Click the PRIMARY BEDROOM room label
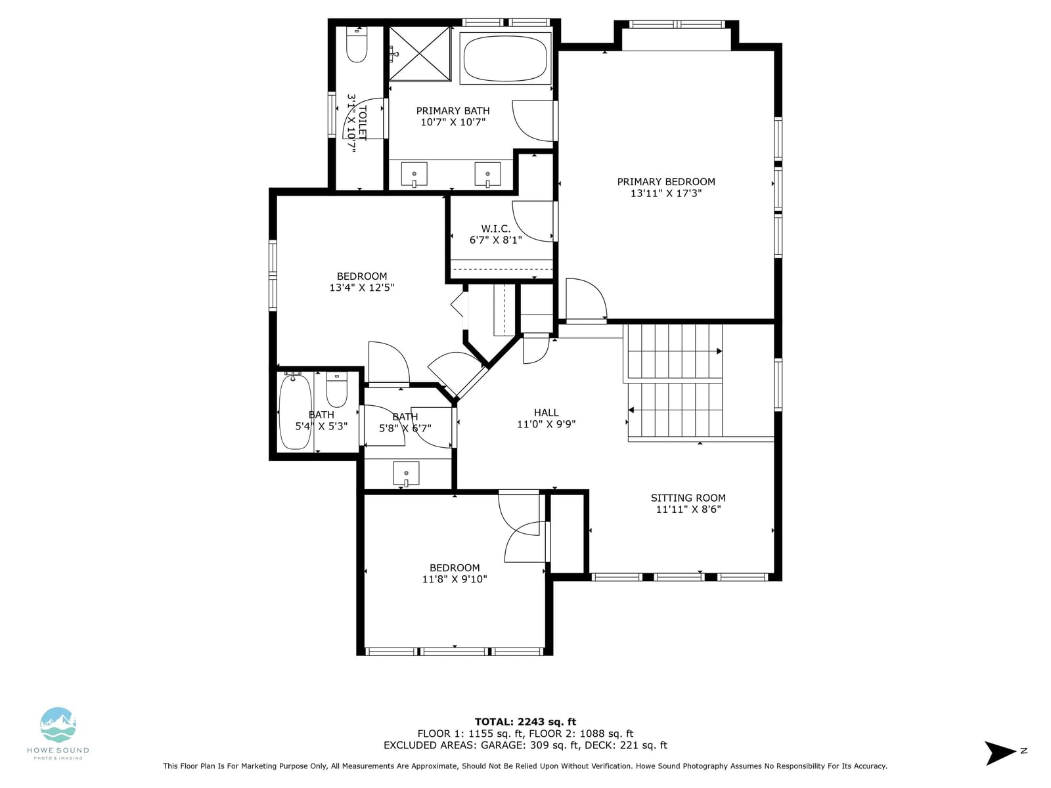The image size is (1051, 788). tap(665, 182)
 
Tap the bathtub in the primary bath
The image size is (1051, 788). tap(505, 58)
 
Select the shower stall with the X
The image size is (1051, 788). tap(420, 54)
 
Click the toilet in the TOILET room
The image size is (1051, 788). tap(356, 45)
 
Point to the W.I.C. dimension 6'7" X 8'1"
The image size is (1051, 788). tap(495, 240)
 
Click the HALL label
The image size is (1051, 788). tap(546, 412)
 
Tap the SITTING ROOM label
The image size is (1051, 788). tap(688, 498)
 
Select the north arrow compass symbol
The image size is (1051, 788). tap(1000, 753)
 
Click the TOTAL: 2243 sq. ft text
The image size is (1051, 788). tap(525, 722)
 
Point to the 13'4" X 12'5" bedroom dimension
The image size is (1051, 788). tap(361, 288)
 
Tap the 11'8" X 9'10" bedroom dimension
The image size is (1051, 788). tap(455, 579)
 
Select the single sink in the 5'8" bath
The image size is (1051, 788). tap(406, 473)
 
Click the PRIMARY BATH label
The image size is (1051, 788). tap(453, 111)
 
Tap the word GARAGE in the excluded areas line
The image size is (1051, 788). tap(501, 745)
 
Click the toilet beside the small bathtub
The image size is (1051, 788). tap(336, 390)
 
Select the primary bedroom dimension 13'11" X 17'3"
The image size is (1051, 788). tap(665, 193)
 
